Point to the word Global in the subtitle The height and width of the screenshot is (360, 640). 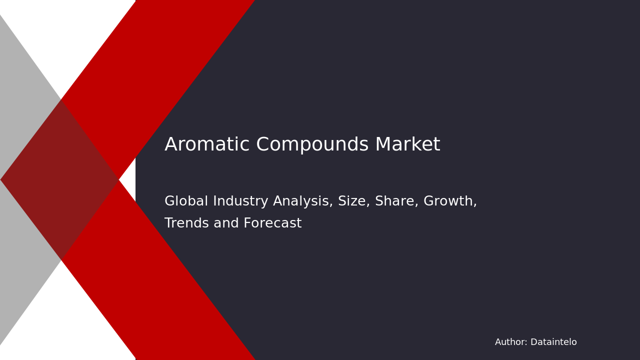coord(186,201)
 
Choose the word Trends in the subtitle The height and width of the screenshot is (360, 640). coord(186,223)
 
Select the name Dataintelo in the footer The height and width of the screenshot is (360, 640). coord(553,342)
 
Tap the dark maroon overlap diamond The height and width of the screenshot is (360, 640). coord(60,179)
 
